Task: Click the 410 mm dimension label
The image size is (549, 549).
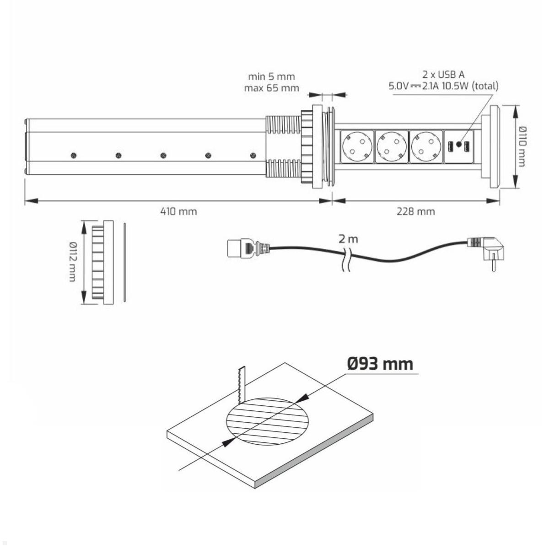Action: coord(178,211)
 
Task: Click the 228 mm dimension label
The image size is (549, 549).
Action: coord(416,211)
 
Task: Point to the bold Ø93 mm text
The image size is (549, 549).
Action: coord(380,364)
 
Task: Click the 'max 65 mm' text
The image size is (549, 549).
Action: coord(271,88)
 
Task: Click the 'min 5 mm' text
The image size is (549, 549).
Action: coord(271,76)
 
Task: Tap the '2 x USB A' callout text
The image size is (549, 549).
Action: coord(443,75)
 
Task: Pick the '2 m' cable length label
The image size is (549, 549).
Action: coord(348,239)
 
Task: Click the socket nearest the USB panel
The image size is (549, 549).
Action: coord(425,146)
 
